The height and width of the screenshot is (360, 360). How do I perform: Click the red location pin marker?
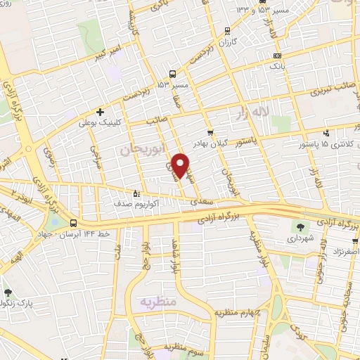pyautogui.click(x=181, y=165)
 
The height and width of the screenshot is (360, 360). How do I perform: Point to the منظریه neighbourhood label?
pyautogui.click(x=157, y=302)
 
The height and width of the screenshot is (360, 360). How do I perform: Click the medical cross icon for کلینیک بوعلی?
pyautogui.click(x=101, y=111)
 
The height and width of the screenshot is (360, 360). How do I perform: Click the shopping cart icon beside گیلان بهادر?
pyautogui.click(x=210, y=132)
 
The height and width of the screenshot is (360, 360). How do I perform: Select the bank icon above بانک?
pyautogui.click(x=277, y=56)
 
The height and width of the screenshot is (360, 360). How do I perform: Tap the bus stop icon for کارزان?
pyautogui.click(x=226, y=30)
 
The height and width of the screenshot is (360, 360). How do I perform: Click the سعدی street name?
pyautogui.click(x=201, y=201)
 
